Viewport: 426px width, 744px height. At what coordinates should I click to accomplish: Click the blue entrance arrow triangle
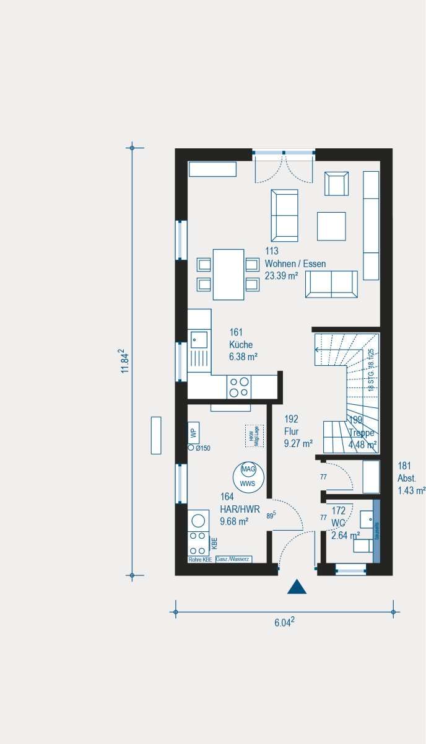297,587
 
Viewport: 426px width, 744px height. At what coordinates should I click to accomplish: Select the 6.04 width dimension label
284,622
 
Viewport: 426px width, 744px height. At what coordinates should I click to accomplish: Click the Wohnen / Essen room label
295,263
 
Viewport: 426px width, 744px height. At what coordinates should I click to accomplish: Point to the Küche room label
241,345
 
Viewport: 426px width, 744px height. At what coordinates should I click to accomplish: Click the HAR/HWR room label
234,508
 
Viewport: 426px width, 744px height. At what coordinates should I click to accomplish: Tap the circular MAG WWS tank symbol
248,474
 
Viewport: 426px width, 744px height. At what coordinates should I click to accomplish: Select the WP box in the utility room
193,432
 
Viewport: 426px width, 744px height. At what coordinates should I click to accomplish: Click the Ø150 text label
203,448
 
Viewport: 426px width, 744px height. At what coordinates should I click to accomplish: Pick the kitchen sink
199,338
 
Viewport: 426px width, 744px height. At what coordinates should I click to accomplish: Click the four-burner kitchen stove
240,387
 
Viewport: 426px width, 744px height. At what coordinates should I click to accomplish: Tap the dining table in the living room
228,273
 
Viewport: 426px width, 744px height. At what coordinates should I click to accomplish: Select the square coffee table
331,226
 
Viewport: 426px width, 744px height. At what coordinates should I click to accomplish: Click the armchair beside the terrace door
337,184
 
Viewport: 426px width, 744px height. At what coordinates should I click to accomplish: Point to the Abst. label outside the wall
407,478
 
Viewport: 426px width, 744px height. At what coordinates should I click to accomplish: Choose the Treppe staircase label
361,433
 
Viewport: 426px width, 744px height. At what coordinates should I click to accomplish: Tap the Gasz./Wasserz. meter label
233,559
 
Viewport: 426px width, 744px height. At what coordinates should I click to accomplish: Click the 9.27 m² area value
298,443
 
